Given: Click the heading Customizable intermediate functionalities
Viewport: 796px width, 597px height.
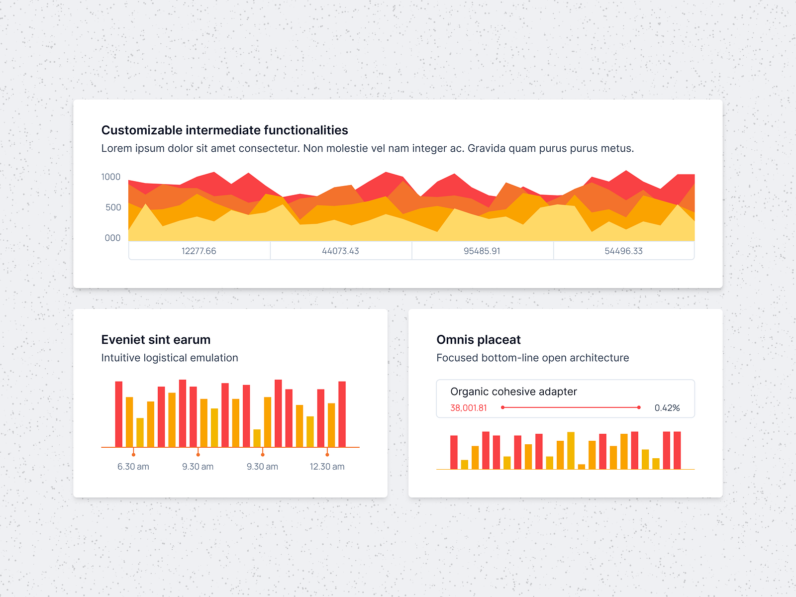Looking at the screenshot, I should pyautogui.click(x=224, y=130).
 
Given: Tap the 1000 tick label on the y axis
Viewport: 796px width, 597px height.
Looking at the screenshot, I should pyautogui.click(x=111, y=177).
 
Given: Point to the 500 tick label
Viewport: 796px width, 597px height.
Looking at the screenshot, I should pyautogui.click(x=113, y=207).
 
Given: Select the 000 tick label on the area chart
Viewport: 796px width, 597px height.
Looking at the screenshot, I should pyautogui.click(x=112, y=238).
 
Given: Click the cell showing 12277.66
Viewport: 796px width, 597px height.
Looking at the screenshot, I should pyautogui.click(x=199, y=251).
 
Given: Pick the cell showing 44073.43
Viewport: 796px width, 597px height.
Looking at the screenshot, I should pyautogui.click(x=341, y=251).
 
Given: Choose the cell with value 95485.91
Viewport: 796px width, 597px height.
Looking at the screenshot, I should pyautogui.click(x=482, y=251).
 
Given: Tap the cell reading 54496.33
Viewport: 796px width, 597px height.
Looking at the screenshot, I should pyautogui.click(x=624, y=251).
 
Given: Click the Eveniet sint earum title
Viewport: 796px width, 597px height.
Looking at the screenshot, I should pyautogui.click(x=156, y=340).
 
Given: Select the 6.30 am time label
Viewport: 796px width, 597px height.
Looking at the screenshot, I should pyautogui.click(x=133, y=467).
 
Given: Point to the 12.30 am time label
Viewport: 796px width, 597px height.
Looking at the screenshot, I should pyautogui.click(x=327, y=467).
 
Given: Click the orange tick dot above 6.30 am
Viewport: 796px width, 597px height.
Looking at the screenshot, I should pyautogui.click(x=133, y=455).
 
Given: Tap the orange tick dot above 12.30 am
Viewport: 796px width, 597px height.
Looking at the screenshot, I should pyautogui.click(x=327, y=455).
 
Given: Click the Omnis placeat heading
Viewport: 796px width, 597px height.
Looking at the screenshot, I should pyautogui.click(x=479, y=340).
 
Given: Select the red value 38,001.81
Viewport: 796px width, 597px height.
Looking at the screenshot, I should pyautogui.click(x=469, y=408).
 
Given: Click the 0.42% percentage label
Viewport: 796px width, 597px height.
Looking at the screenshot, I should pyautogui.click(x=667, y=408).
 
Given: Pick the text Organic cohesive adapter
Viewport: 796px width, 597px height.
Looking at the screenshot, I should pyautogui.click(x=513, y=392).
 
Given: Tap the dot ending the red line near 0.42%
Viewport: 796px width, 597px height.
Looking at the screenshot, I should pyautogui.click(x=639, y=407).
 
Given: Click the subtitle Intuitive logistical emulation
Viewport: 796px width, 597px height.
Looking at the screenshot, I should pyautogui.click(x=170, y=358).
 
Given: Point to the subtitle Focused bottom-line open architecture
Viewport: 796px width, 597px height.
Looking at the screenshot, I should pyautogui.click(x=533, y=358).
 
